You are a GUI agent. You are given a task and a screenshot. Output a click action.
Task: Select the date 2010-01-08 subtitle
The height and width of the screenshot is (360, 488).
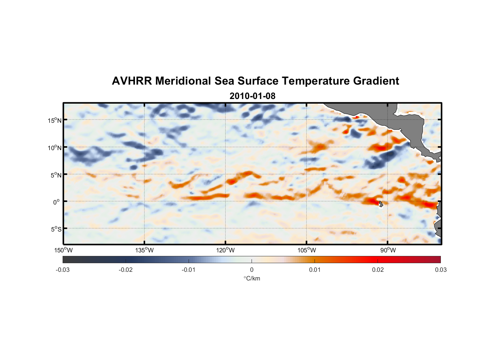click(252, 96)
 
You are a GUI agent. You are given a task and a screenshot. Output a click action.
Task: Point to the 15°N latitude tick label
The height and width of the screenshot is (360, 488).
click(54, 120)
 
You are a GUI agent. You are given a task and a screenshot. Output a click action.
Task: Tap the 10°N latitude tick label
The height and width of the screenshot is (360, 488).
click(54, 148)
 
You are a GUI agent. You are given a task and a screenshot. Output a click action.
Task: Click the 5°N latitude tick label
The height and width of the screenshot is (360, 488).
click(55, 175)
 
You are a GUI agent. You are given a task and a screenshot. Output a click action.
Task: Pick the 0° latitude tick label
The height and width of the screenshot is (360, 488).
click(56, 202)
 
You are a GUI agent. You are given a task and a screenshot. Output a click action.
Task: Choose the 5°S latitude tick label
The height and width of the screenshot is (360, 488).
click(55, 229)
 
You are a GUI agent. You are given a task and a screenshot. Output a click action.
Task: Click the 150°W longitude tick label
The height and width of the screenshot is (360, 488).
click(63, 250)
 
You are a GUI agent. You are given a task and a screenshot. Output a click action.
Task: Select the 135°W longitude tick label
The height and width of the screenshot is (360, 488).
click(144, 250)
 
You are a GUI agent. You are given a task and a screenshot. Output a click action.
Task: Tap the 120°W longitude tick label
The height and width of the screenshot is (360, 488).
click(225, 250)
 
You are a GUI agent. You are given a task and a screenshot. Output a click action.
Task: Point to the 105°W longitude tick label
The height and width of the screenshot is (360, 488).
click(307, 250)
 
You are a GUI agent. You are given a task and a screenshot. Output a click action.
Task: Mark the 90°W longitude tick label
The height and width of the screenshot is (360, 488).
click(388, 250)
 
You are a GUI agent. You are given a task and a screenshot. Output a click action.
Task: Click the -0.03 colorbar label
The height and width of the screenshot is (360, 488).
click(63, 270)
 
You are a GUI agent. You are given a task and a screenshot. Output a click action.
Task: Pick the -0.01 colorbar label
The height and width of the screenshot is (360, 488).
click(189, 270)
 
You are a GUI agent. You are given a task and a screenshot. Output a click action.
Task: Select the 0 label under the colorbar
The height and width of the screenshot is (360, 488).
click(252, 270)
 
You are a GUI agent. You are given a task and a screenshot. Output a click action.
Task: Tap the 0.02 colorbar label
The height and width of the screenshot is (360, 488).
click(378, 270)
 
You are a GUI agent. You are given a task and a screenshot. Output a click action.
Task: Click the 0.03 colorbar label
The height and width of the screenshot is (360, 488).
click(440, 270)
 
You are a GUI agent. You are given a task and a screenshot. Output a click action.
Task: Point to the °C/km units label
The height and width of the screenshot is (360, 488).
click(252, 278)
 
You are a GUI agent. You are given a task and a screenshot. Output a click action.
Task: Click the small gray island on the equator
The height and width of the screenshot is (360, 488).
click(381, 204)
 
